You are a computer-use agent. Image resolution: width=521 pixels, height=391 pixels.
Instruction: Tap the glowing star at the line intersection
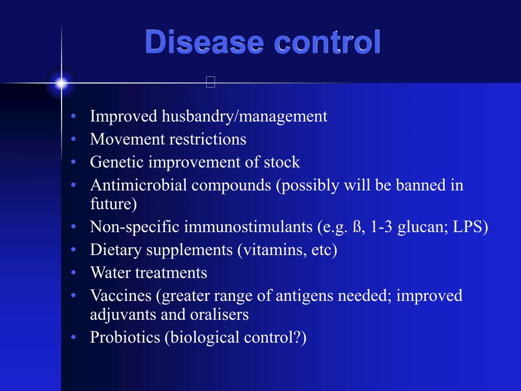61,83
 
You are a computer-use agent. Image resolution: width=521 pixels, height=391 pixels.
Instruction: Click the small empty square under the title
211,82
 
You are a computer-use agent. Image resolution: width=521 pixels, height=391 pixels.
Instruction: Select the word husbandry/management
244,117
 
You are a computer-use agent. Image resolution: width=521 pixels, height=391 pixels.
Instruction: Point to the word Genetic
117,162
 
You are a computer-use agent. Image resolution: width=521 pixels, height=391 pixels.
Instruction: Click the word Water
110,273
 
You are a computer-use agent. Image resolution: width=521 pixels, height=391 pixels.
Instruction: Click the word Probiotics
125,338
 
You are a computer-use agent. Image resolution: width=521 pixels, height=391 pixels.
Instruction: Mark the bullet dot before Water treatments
74,273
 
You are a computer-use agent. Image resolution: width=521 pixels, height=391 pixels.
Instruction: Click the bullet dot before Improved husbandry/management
74,117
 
